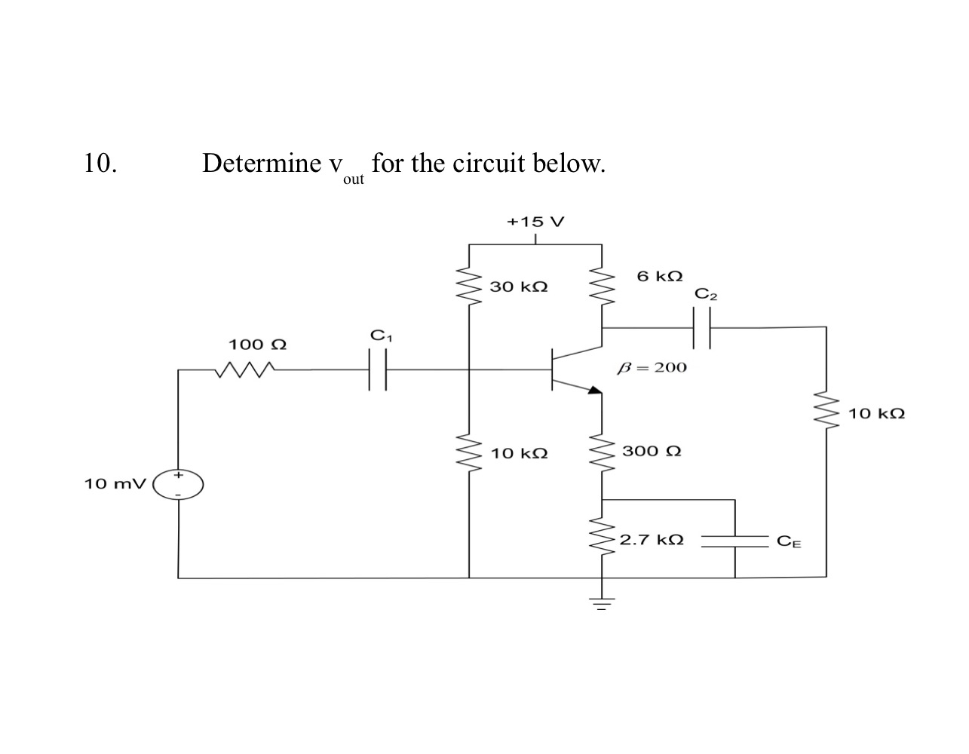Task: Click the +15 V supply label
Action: click(x=535, y=222)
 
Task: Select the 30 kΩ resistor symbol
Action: click(x=469, y=286)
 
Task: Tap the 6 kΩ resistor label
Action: click(x=659, y=276)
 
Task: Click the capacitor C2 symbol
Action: click(x=701, y=328)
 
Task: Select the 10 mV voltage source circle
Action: click(x=179, y=485)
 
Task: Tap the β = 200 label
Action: click(x=652, y=367)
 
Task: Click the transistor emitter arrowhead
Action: click(x=595, y=391)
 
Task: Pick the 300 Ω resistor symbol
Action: click(x=602, y=453)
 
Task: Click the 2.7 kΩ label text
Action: click(x=652, y=540)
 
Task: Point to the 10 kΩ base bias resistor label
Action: click(x=519, y=454)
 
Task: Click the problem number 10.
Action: click(x=100, y=163)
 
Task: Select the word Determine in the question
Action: click(x=261, y=163)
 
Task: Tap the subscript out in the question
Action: click(x=353, y=179)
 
